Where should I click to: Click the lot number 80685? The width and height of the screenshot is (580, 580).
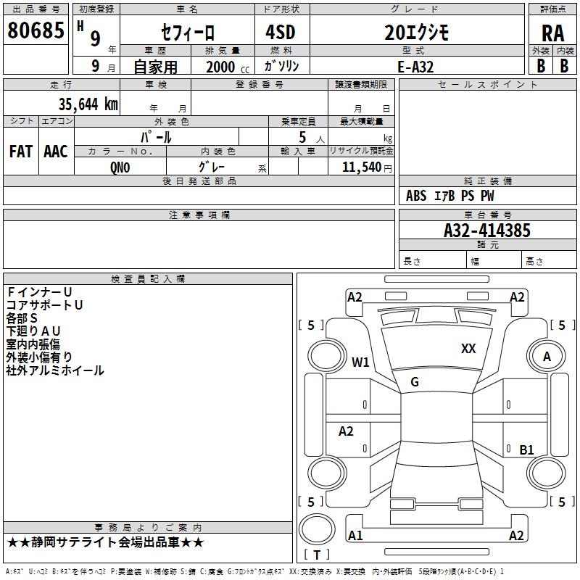(x=36, y=30)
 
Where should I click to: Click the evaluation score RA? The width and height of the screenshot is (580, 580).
(x=552, y=32)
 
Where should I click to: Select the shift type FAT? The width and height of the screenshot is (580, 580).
(x=21, y=151)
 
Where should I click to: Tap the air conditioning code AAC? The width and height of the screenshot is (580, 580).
(x=56, y=151)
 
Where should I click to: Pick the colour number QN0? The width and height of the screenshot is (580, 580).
(x=120, y=166)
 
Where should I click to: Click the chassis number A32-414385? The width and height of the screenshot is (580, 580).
(x=487, y=231)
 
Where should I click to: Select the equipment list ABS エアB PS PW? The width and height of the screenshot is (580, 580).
(x=449, y=196)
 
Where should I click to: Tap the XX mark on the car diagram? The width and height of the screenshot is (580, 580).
(x=468, y=349)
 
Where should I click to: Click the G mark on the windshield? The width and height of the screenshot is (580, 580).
(x=415, y=382)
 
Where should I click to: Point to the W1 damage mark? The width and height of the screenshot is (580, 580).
(x=360, y=362)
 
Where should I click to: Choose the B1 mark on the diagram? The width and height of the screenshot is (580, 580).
(x=527, y=449)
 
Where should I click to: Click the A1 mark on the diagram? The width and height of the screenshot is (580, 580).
(x=355, y=536)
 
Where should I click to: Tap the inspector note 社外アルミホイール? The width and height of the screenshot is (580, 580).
(x=55, y=370)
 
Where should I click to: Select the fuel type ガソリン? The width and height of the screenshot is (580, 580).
(x=281, y=65)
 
